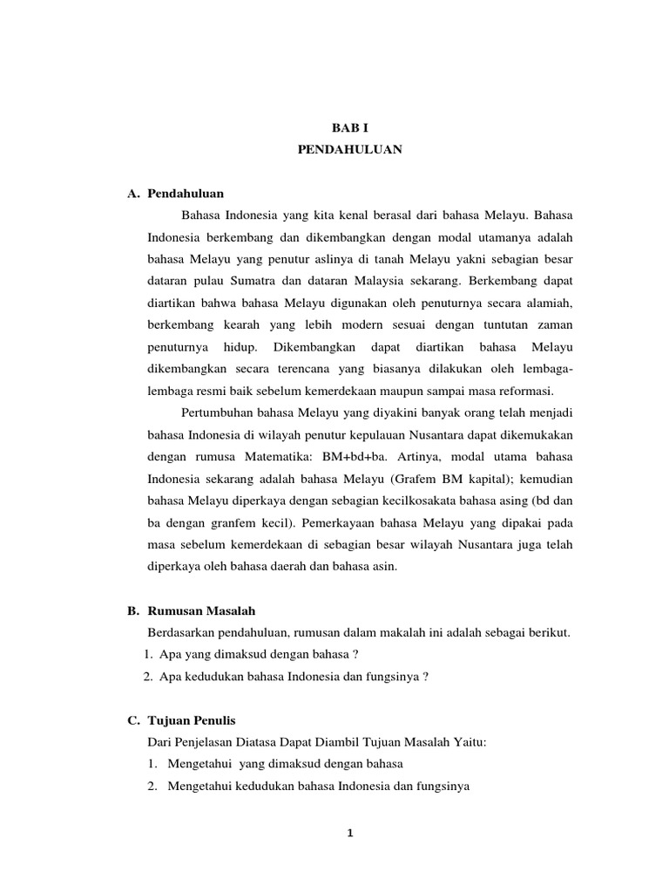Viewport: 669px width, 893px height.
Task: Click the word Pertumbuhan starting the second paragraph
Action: pyautogui.click(x=215, y=412)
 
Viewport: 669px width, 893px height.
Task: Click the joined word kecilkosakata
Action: pyautogui.click(x=427, y=501)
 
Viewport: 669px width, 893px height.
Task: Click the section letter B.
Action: pyautogui.click(x=134, y=610)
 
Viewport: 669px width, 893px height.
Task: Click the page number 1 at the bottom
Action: pyautogui.click(x=349, y=833)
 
